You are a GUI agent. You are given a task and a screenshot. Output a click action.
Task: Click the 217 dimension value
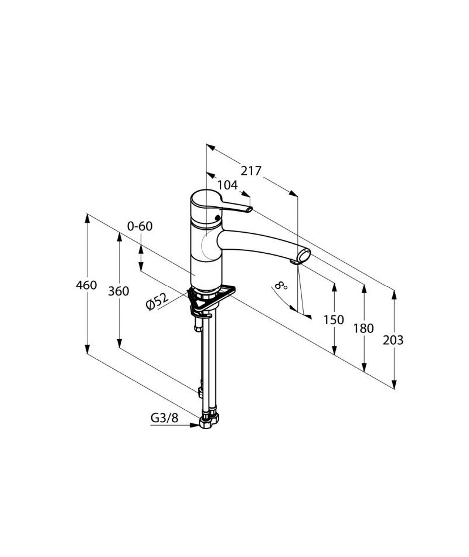251,171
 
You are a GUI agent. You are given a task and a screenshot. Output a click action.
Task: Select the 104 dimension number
227,185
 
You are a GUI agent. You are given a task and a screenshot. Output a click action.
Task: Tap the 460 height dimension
86,285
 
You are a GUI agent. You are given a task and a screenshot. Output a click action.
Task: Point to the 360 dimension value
118,291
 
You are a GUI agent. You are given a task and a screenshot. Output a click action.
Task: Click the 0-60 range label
140,226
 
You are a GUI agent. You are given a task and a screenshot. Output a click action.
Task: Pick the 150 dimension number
334,320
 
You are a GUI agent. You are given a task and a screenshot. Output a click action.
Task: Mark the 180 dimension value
363,328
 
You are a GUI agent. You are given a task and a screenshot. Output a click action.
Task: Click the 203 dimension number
393,340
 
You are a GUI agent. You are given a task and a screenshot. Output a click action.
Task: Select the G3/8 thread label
164,417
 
